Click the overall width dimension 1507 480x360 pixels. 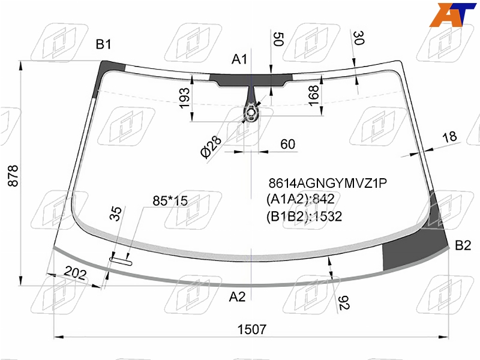[x=252, y=329]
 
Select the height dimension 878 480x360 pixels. [x=13, y=176]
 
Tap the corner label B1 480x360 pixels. [x=103, y=44]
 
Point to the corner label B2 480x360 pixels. [x=463, y=245]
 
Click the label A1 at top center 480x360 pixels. [x=239, y=59]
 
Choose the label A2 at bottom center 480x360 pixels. [x=237, y=296]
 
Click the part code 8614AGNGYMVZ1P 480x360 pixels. [x=328, y=183]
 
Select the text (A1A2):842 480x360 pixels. [x=301, y=199]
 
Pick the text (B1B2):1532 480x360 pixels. [x=304, y=216]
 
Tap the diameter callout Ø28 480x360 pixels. [x=211, y=146]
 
